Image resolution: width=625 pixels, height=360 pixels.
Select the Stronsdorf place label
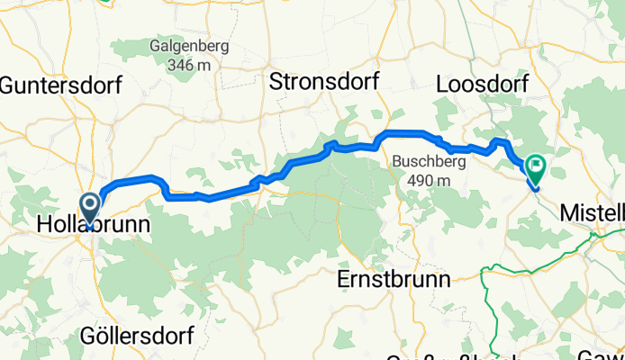324,82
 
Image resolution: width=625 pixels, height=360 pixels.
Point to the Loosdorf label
482,84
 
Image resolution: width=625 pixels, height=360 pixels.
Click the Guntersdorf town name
60,86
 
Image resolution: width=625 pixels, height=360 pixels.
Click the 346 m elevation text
189,65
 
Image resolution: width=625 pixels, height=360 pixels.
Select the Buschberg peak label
427,163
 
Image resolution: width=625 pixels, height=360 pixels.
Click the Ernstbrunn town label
394,279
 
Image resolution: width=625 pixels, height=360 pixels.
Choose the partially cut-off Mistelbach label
592,213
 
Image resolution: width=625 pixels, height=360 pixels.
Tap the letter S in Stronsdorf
276,82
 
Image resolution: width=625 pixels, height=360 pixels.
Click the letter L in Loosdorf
442,84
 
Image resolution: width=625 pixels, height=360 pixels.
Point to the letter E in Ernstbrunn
343,279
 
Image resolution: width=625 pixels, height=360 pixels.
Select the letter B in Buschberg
397,163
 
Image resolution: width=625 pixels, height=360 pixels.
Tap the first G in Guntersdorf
9,86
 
